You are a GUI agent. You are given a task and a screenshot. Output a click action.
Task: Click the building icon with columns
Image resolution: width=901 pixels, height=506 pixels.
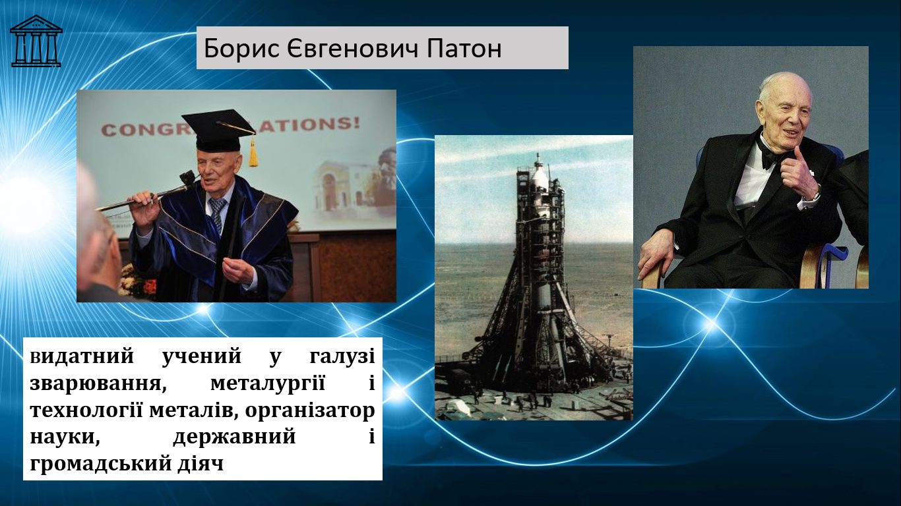click(36, 41)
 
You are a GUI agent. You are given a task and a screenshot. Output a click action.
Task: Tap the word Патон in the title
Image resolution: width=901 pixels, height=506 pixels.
click(464, 49)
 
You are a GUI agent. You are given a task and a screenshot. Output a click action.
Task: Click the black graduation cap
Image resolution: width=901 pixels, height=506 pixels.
click(218, 129)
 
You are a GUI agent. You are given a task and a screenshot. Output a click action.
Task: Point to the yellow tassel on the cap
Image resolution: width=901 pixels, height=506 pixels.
click(253, 152)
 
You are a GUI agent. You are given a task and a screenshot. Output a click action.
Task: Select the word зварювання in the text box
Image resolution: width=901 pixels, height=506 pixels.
click(98, 384)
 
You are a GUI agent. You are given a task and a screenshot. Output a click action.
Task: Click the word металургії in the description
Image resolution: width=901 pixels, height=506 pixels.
click(268, 384)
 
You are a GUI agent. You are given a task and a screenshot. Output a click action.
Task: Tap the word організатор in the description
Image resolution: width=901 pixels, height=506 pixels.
click(310, 410)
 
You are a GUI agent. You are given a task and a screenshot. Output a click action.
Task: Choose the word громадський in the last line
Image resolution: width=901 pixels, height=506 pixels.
click(100, 464)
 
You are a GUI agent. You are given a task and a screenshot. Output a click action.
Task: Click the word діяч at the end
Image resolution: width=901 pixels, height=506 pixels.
click(200, 464)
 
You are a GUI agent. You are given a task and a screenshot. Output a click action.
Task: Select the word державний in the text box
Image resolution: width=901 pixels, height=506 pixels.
click(234, 437)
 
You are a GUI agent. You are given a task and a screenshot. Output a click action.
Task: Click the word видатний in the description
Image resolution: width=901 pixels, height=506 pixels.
click(82, 357)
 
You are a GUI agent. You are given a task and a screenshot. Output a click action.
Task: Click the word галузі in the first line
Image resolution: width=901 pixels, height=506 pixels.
click(342, 357)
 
